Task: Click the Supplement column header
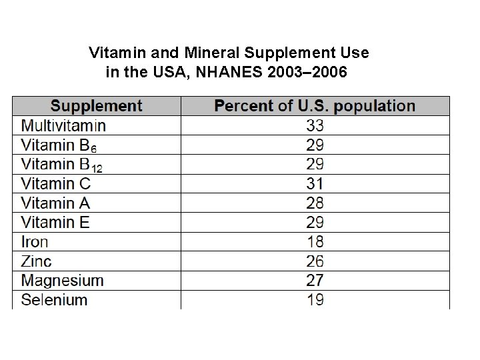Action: pos(97,106)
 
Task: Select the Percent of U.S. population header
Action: pos(315,106)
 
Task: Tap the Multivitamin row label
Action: pos(63,125)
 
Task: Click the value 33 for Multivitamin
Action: pos(315,125)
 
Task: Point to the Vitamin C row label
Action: pos(56,183)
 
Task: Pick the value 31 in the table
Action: pos(315,183)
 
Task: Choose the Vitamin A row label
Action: pos(55,203)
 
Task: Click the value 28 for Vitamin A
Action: pos(315,203)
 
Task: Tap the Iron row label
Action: pos(35,241)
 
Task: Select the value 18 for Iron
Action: pos(315,241)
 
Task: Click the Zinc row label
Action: pos(36,261)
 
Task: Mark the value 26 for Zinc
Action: pos(315,261)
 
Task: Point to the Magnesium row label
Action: pos(63,281)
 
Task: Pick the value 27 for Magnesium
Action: pos(315,281)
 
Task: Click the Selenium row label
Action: pos(54,299)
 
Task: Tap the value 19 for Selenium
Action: pos(315,299)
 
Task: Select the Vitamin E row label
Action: pos(55,222)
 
